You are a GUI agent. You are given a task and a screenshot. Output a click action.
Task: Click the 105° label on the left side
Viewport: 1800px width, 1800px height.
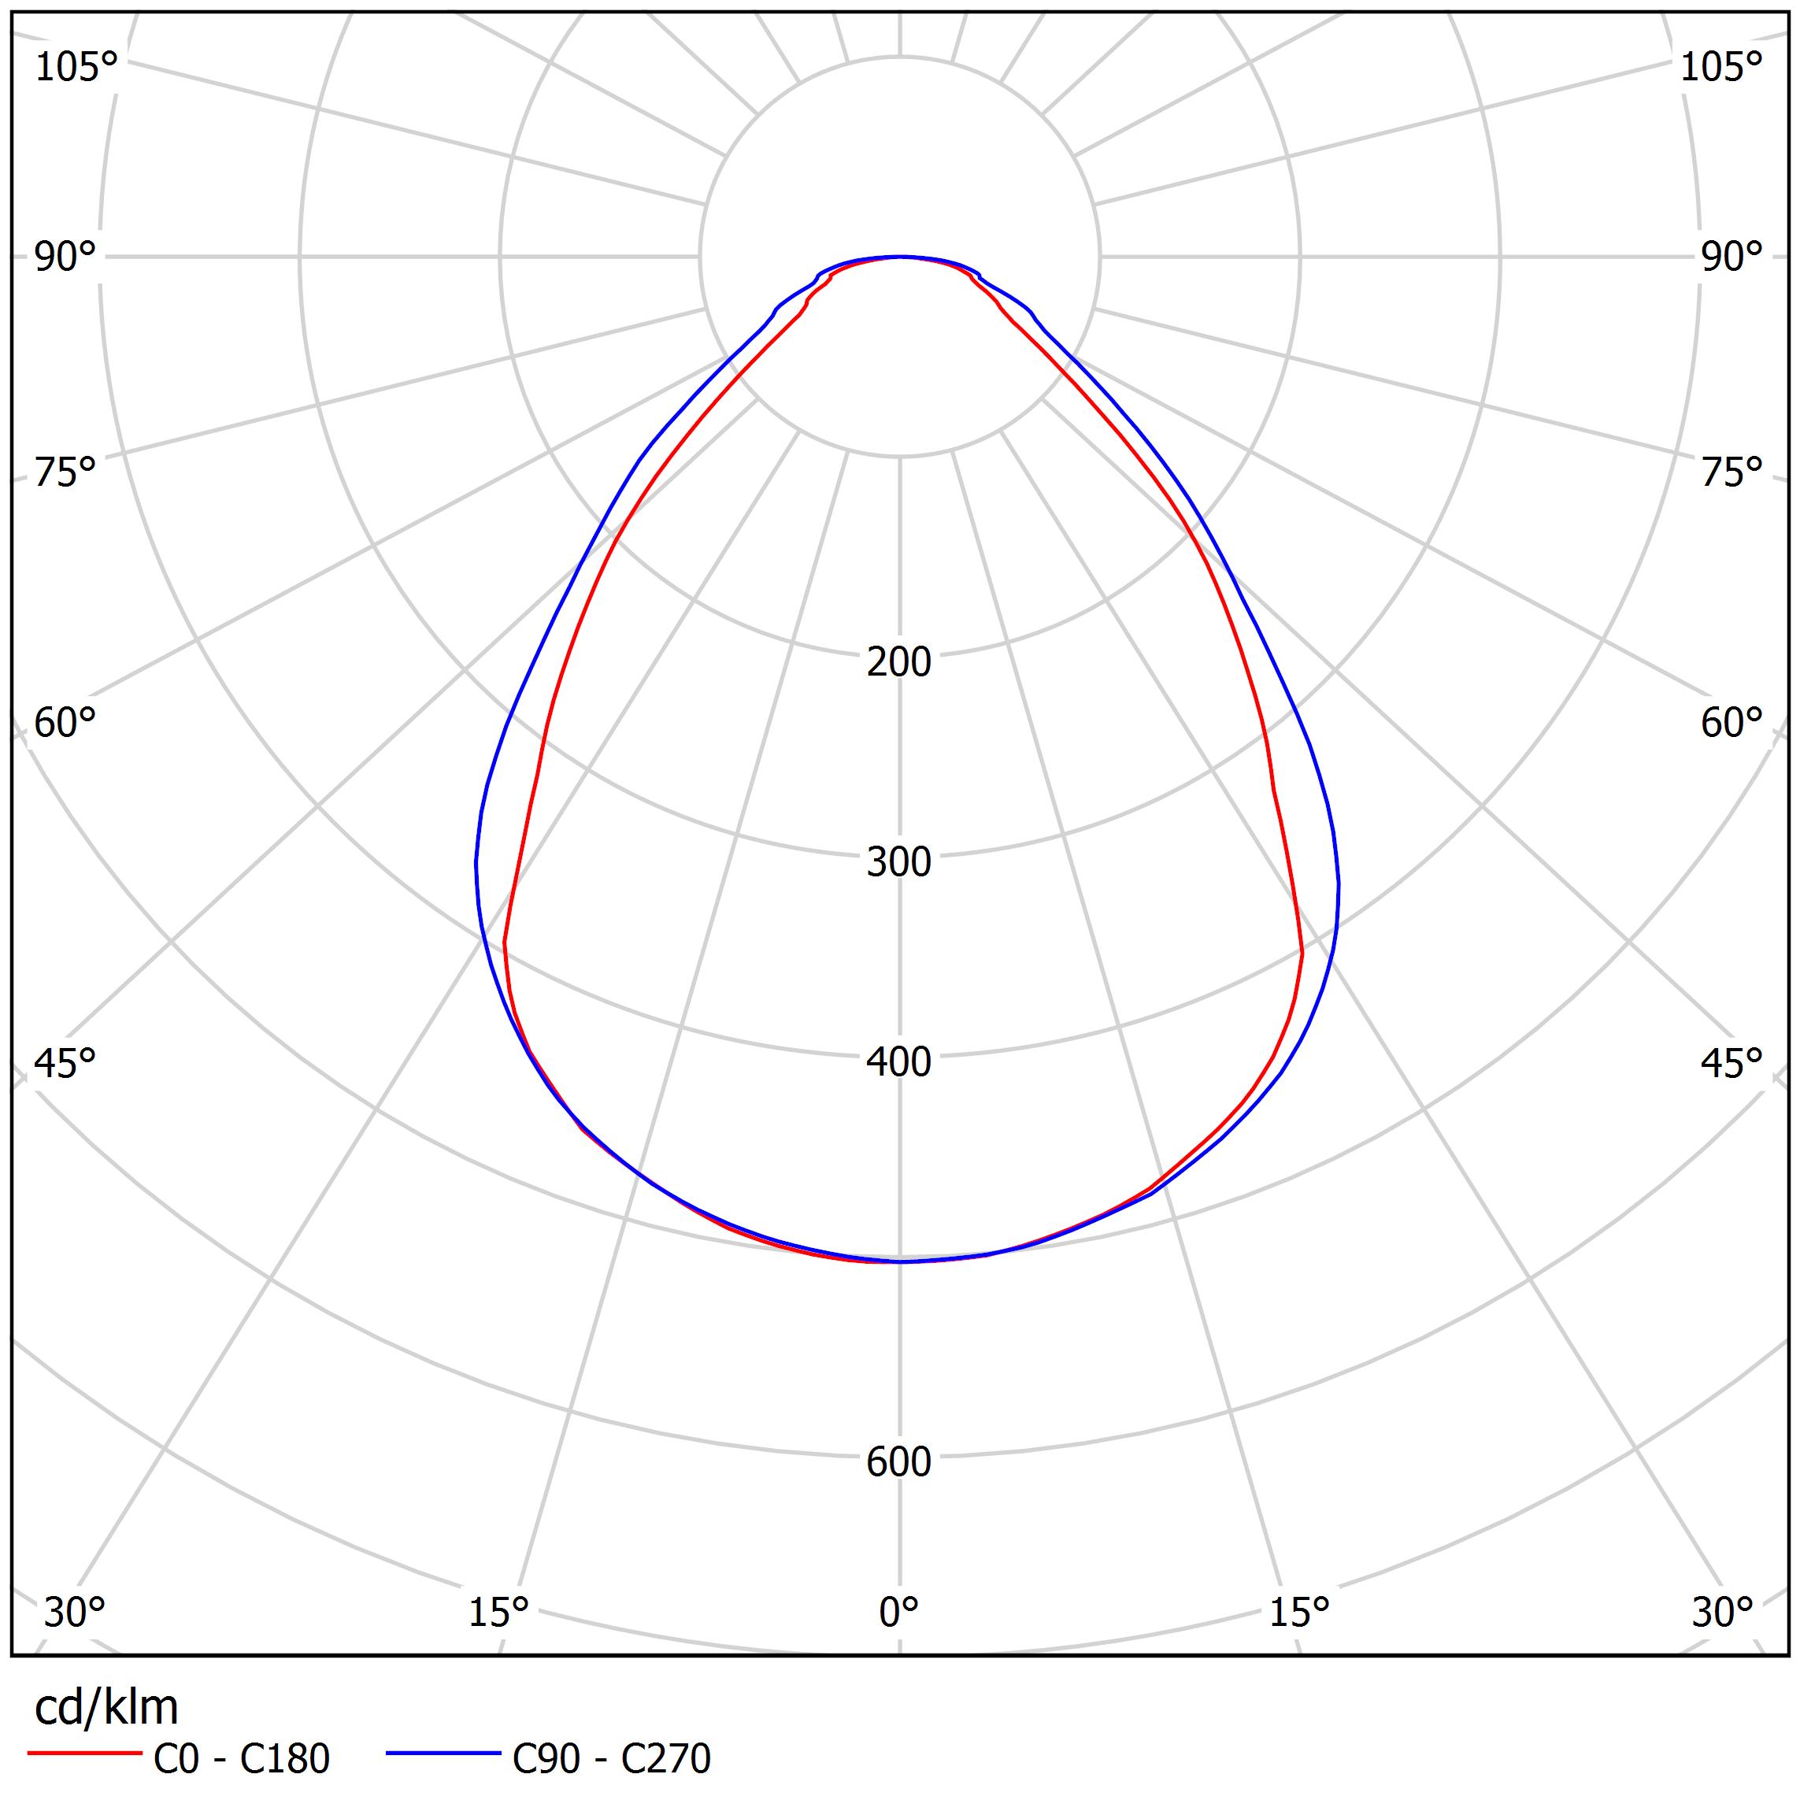click(76, 68)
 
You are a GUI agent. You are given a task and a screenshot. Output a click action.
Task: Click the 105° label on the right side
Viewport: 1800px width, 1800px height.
click(1720, 68)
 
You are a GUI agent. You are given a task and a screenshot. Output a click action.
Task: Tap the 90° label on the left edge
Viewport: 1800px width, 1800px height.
click(65, 257)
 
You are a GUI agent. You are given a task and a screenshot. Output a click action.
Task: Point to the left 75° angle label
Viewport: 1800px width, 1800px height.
click(65, 472)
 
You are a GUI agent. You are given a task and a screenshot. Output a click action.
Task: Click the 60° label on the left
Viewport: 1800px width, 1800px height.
click(65, 723)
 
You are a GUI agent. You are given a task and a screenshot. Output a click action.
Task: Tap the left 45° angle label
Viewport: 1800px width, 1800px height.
click(65, 1063)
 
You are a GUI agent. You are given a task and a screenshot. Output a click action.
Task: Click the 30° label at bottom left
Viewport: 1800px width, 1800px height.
click(75, 1613)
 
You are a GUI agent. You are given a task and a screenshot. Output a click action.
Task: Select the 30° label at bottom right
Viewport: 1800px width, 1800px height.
click(1723, 1613)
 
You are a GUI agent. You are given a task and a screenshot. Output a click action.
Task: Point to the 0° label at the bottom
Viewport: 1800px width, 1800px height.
click(899, 1613)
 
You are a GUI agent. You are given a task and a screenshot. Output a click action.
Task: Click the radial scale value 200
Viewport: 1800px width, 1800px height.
click(899, 662)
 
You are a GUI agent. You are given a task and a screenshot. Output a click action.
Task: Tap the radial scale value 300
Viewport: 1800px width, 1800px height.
click(899, 863)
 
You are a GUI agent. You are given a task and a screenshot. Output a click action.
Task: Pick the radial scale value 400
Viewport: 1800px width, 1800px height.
click(899, 1062)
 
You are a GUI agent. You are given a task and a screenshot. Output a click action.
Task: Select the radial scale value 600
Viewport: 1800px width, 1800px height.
click(899, 1463)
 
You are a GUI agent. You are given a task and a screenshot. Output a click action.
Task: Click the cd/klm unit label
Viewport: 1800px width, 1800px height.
click(106, 1709)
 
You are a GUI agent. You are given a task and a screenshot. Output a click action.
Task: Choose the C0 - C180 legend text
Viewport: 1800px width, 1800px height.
click(241, 1759)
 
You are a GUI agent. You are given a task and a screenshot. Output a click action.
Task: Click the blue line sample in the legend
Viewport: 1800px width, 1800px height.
click(443, 1754)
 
